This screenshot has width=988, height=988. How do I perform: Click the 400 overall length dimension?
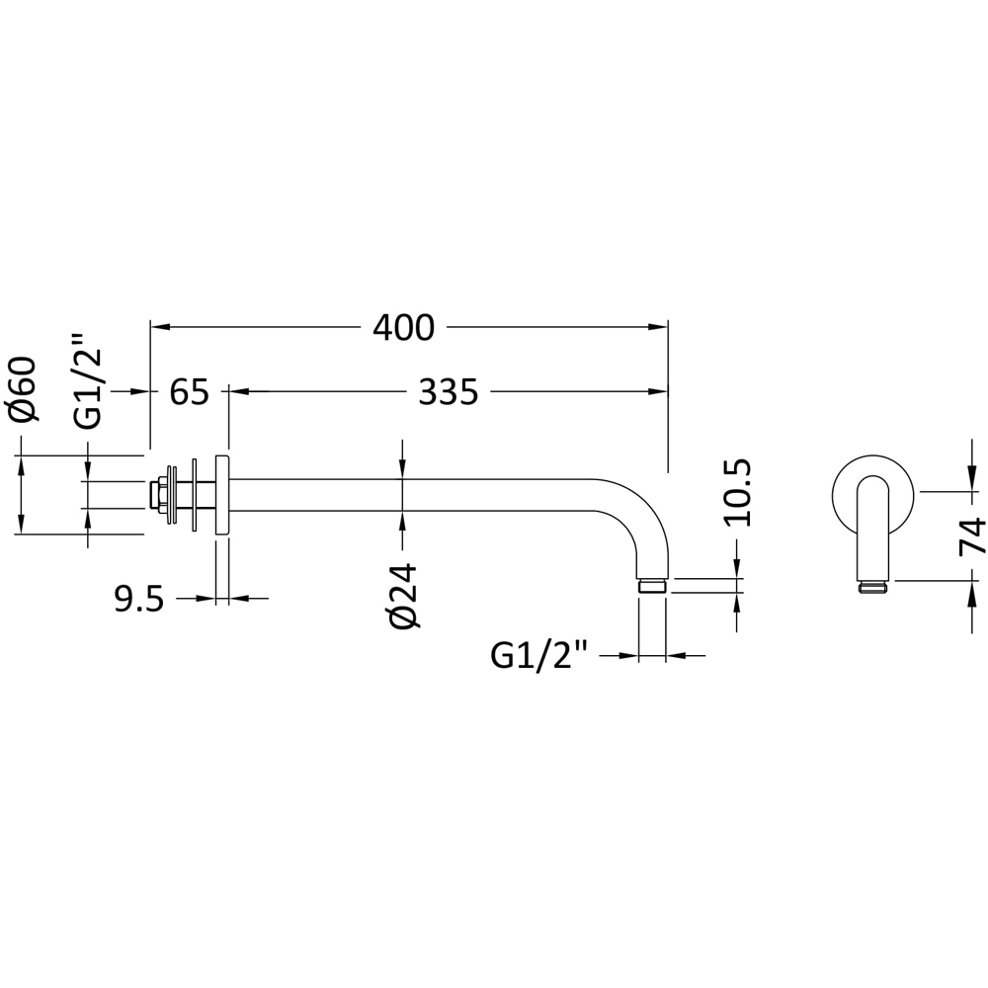pos(403,327)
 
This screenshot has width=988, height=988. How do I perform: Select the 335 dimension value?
pos(448,392)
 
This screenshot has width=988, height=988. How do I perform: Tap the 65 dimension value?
pos(189,392)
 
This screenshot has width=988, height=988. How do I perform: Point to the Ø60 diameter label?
pos(23,390)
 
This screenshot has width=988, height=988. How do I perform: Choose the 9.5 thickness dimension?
pos(138,599)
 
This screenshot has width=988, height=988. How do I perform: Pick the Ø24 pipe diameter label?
pos(404,596)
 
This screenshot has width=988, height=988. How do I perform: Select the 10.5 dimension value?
pos(737,492)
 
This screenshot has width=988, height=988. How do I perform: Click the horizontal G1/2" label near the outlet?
pos(538,655)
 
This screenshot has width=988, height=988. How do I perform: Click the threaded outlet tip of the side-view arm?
pos(652,587)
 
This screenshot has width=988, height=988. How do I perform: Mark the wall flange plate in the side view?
pos(221,496)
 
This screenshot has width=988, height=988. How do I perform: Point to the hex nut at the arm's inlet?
pos(156,495)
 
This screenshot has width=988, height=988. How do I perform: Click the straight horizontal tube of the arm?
pos(415,495)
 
